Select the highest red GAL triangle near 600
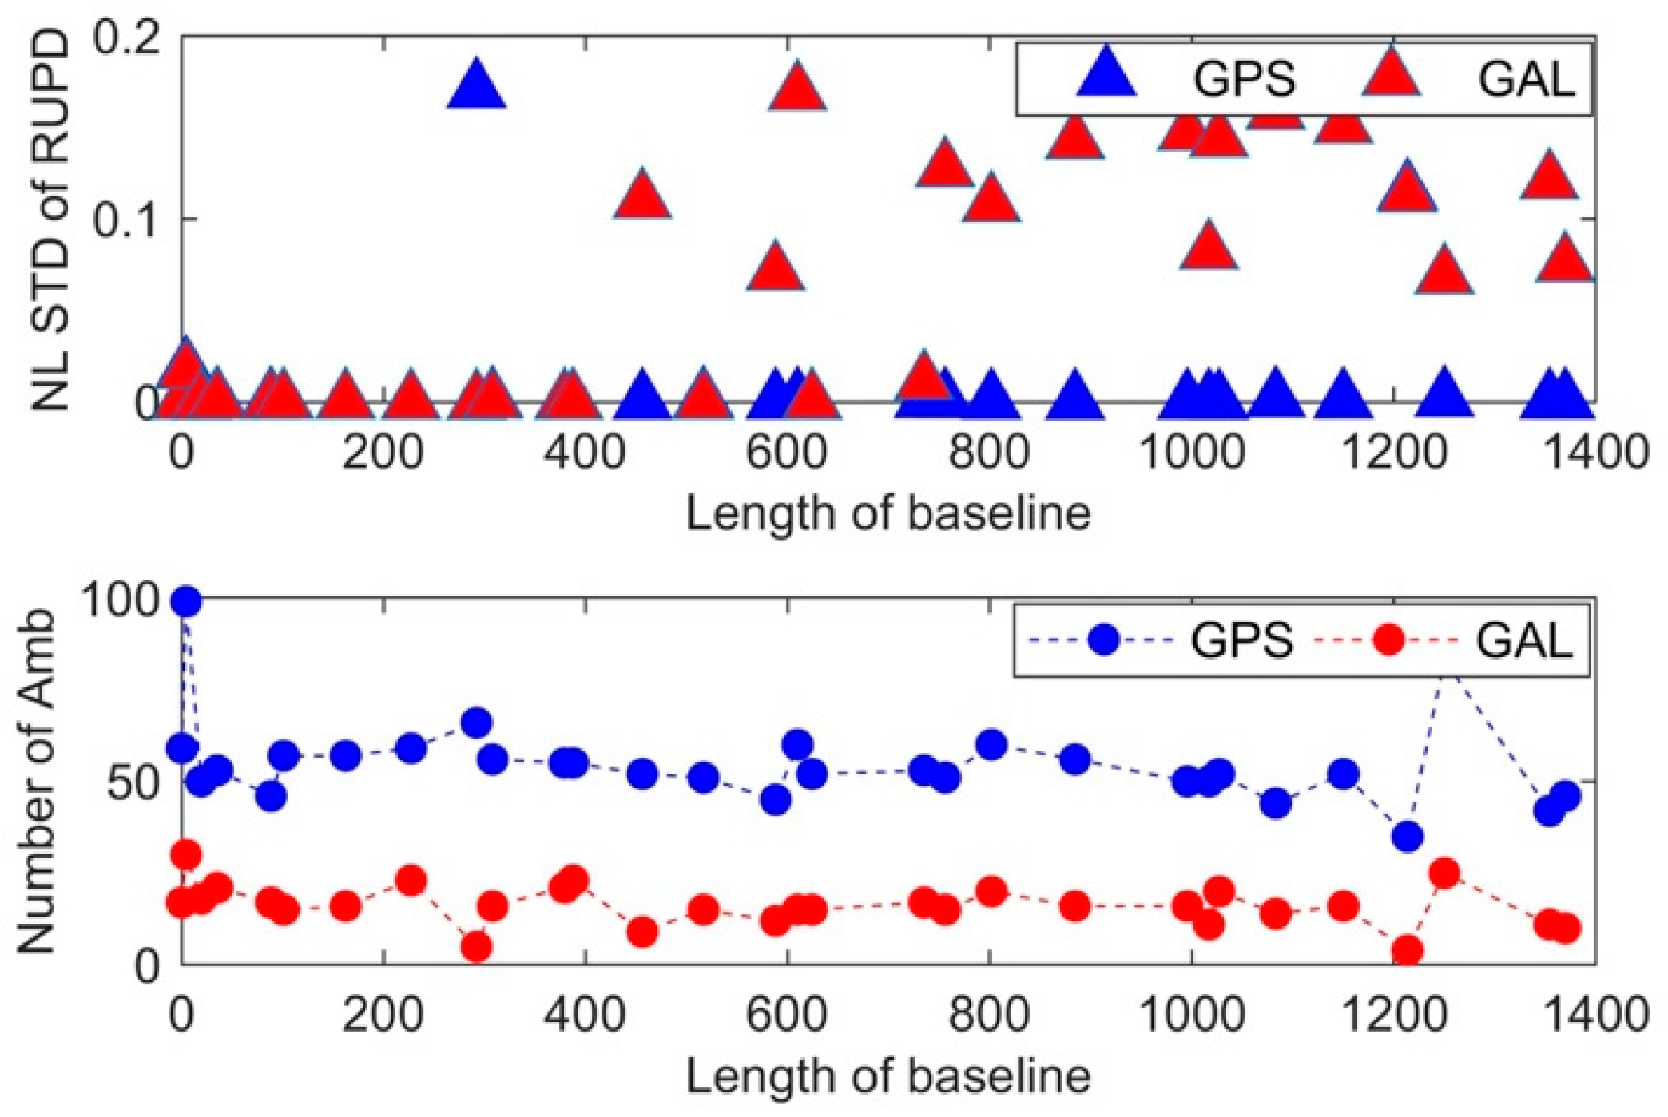pyautogui.click(x=797, y=88)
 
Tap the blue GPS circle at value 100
pyautogui.click(x=187, y=601)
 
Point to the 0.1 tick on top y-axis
pyautogui.click(x=128, y=219)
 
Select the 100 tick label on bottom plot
pyautogui.click(x=120, y=600)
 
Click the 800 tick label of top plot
pyautogui.click(x=989, y=453)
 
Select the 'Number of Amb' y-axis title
pyautogui.click(x=37, y=782)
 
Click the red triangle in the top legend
pyautogui.click(x=1391, y=76)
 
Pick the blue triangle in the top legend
pyautogui.click(x=1106, y=76)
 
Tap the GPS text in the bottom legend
pyautogui.click(x=1241, y=640)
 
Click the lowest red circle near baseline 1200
pyautogui.click(x=1407, y=951)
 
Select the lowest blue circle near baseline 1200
pyautogui.click(x=1407, y=837)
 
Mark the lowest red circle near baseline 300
pyautogui.click(x=477, y=947)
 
